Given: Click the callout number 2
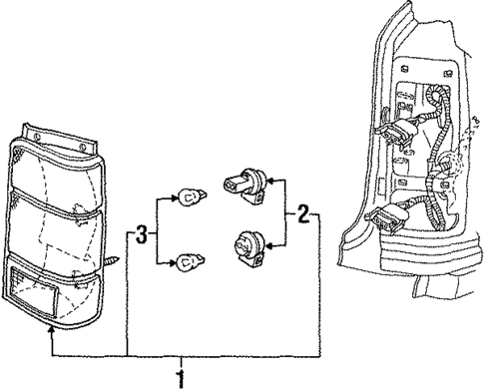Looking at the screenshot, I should pos(301,213).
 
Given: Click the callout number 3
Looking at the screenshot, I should pos(142,235).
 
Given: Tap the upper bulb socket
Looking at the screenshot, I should pos(248,185).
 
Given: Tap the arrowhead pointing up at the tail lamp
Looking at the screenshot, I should pos(50,341).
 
